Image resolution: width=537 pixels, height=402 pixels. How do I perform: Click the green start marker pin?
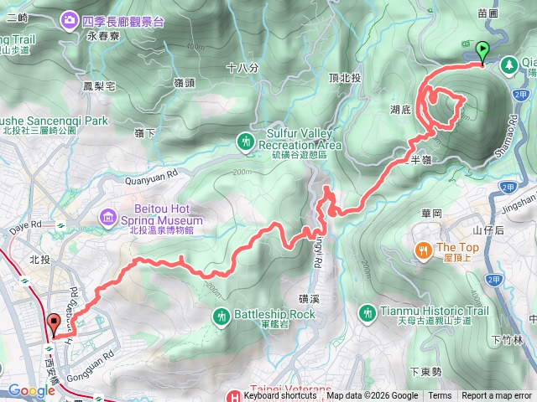(x=482, y=51)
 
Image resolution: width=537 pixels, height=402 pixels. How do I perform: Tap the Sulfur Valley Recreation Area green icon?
(x=245, y=141)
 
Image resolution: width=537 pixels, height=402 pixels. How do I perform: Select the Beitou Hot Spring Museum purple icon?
(x=108, y=218)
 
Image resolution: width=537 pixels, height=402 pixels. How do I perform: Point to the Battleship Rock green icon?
(x=222, y=316)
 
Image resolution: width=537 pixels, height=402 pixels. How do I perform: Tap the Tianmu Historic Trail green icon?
(x=367, y=312)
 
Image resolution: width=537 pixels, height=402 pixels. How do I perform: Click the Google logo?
(x=32, y=390)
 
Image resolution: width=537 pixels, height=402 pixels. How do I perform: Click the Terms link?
(x=440, y=396)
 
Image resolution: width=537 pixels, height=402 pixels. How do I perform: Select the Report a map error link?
(x=497, y=396)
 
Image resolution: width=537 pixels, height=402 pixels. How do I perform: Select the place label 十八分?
(x=241, y=66)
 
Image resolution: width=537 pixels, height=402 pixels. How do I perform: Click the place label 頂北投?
(x=345, y=78)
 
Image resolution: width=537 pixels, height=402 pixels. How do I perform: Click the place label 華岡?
(x=432, y=214)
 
